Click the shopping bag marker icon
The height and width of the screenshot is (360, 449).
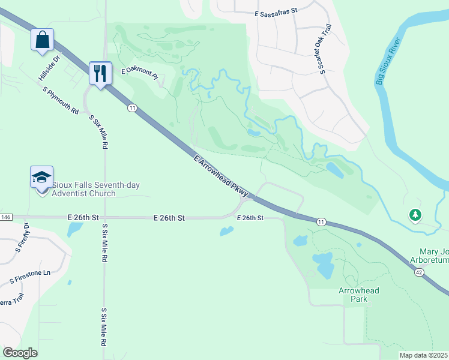click(x=43, y=40)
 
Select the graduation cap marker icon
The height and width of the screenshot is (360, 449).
click(x=41, y=178)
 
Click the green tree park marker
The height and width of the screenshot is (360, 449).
click(x=415, y=214)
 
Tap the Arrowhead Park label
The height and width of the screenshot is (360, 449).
click(x=359, y=294)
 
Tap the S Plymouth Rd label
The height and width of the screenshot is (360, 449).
click(x=61, y=100)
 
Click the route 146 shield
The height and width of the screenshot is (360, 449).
click(x=6, y=217)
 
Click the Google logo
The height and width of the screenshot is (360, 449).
click(x=20, y=352)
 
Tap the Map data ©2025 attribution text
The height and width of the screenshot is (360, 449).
click(x=424, y=355)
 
